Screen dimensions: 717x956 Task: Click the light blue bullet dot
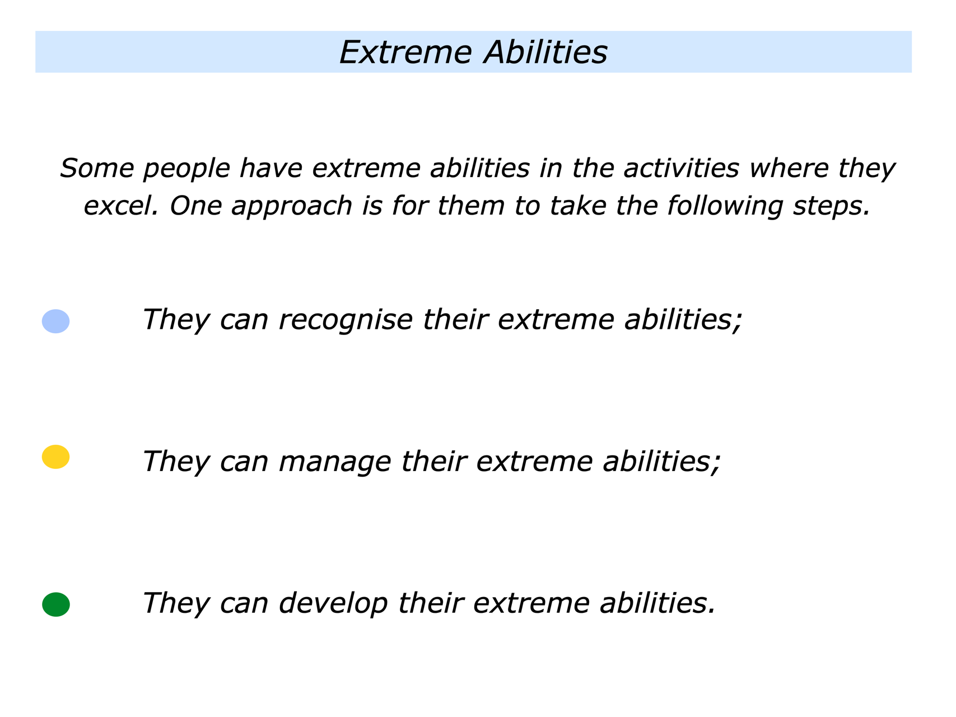pyautogui.click(x=56, y=322)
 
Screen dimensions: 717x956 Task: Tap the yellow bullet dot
pyautogui.click(x=56, y=457)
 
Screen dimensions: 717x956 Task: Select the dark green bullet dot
pyautogui.click(x=56, y=604)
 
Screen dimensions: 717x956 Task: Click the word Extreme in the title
pyautogui.click(x=406, y=53)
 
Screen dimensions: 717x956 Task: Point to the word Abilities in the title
pyautogui.click(x=545, y=53)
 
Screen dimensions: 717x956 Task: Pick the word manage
pyautogui.click(x=334, y=463)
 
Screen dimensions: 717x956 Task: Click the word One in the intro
pyautogui.click(x=197, y=206)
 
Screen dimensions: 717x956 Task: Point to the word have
pyautogui.click(x=271, y=168)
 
